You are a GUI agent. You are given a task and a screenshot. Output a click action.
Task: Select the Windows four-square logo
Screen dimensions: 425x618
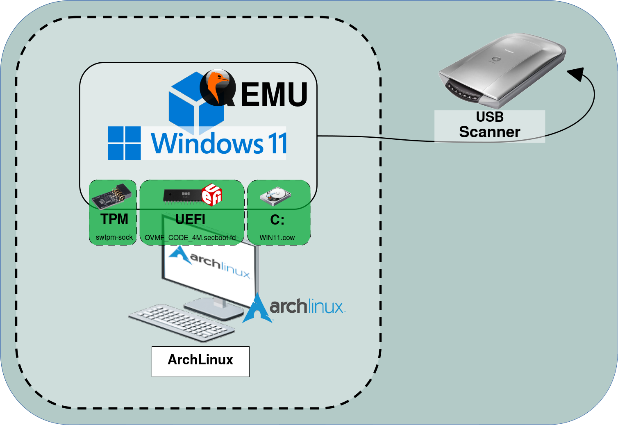pyautogui.click(x=124, y=143)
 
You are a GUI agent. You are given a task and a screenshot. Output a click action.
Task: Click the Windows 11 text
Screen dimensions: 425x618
pyautogui.click(x=219, y=143)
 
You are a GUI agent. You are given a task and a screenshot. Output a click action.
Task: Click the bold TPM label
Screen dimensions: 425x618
pyautogui.click(x=114, y=219)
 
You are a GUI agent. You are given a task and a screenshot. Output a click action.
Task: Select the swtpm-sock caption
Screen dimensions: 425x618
pyautogui.click(x=114, y=237)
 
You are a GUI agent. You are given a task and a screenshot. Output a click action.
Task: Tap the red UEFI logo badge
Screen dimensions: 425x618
pyautogui.click(x=211, y=194)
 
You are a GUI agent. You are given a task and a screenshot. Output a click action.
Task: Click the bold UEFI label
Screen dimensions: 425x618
pyautogui.click(x=190, y=220)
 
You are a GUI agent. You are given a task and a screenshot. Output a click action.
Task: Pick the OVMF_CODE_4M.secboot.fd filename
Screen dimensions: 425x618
pyautogui.click(x=190, y=238)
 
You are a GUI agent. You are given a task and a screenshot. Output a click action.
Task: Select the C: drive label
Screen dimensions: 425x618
pyautogui.click(x=277, y=220)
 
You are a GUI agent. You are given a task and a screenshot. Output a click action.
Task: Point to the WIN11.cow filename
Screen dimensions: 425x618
pyautogui.click(x=277, y=238)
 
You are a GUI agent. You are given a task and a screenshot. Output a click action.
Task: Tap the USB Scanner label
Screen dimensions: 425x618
pyautogui.click(x=490, y=125)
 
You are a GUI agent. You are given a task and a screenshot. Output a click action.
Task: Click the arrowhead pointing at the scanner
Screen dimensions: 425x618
pyautogui.click(x=576, y=74)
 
